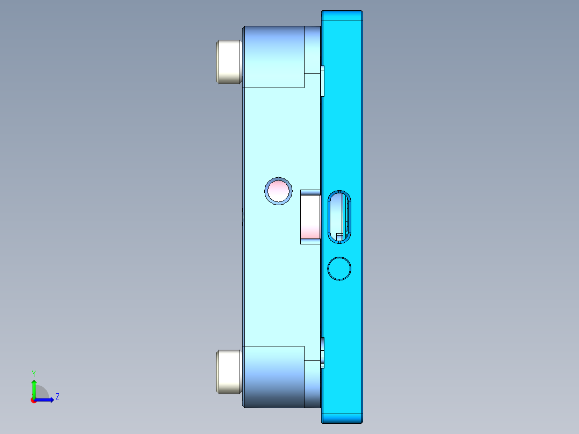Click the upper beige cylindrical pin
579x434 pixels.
pyautogui.click(x=229, y=61)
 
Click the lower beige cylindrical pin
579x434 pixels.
pyautogui.click(x=229, y=371)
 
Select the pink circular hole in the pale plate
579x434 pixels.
pyautogui.click(x=279, y=191)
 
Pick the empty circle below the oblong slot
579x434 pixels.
pyautogui.click(x=339, y=269)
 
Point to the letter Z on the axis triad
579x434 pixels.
pyautogui.click(x=57, y=397)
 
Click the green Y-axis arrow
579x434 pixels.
pyautogui.click(x=34, y=388)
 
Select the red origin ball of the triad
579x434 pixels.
pyautogui.click(x=33, y=400)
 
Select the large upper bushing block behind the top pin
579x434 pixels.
pyautogui.click(x=273, y=57)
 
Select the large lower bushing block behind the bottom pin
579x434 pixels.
pyautogui.click(x=273, y=376)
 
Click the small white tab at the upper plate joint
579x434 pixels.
pyautogui.click(x=323, y=81)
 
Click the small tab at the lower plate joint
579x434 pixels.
pyautogui.click(x=323, y=352)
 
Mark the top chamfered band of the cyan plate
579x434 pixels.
pyautogui.click(x=342, y=15)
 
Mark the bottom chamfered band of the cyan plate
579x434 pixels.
pyautogui.click(x=342, y=418)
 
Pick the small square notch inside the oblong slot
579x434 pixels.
pyautogui.click(x=339, y=237)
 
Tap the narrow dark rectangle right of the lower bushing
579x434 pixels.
pyautogui.click(x=313, y=384)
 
